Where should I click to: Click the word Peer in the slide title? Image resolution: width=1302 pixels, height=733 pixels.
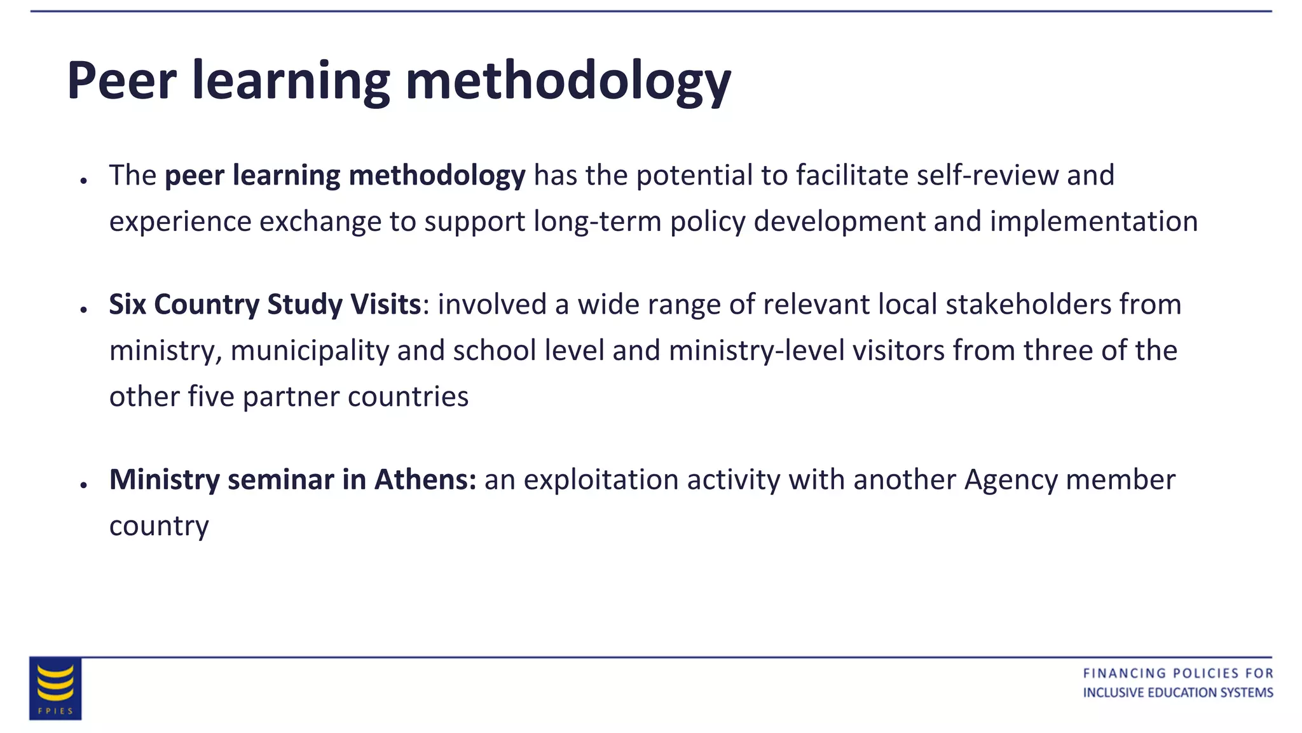pos(121,81)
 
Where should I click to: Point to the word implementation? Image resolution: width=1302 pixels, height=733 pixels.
pos(1093,222)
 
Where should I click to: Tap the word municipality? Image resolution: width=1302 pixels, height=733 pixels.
pos(310,351)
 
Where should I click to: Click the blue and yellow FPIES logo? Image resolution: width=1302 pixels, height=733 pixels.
pos(55,688)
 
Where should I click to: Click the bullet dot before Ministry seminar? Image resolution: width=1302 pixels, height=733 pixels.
pos(83,485)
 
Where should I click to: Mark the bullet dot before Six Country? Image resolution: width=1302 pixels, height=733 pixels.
pos(83,310)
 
